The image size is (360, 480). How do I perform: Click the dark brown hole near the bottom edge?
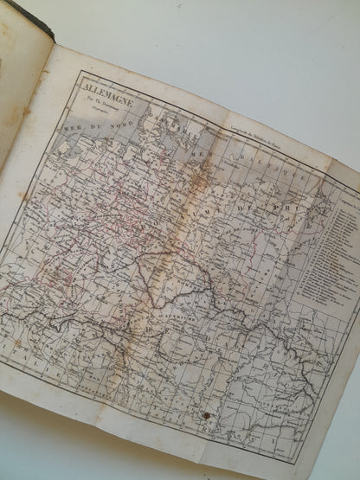(x=207, y=416)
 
